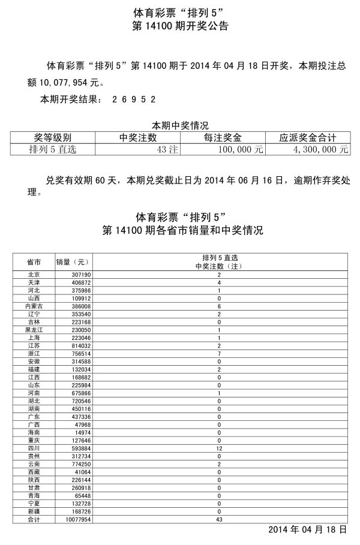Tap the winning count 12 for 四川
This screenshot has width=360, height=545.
pyautogui.click(x=219, y=447)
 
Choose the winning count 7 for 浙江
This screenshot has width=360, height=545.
pyautogui.click(x=219, y=353)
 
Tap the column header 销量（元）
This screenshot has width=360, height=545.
pyautogui.click(x=72, y=262)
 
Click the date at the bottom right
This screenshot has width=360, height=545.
pyautogui.click(x=307, y=530)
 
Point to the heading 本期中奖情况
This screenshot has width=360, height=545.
pyautogui.click(x=179, y=126)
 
